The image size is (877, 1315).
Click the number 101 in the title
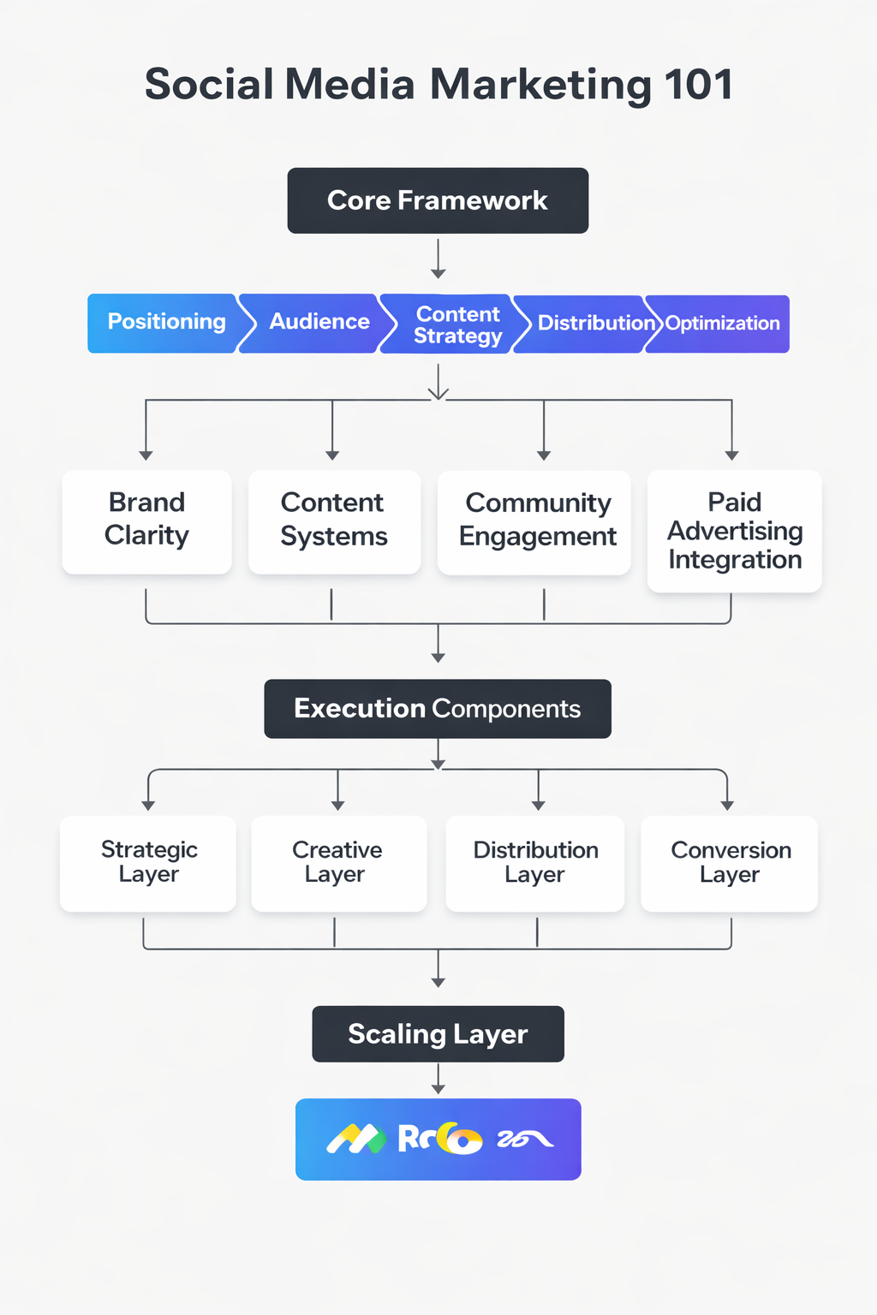[698, 85]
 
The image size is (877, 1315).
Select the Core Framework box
[438, 200]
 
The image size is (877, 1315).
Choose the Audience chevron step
[319, 323]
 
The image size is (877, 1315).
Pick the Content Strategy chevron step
[456, 324]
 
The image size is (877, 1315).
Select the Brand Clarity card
[146, 521]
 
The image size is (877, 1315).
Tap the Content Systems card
[334, 521]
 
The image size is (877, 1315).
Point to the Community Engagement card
[536, 521]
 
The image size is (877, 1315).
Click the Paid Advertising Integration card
[734, 531]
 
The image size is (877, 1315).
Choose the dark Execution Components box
[438, 709]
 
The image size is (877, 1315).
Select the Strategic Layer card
[148, 862]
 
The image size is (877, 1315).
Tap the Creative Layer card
[337, 862]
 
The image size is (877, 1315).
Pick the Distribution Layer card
[535, 862]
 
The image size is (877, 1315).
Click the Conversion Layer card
[730, 862]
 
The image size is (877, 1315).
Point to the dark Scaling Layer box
[438, 1034]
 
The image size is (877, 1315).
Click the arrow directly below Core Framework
[438, 259]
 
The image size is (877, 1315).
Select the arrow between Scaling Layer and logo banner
[438, 1080]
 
